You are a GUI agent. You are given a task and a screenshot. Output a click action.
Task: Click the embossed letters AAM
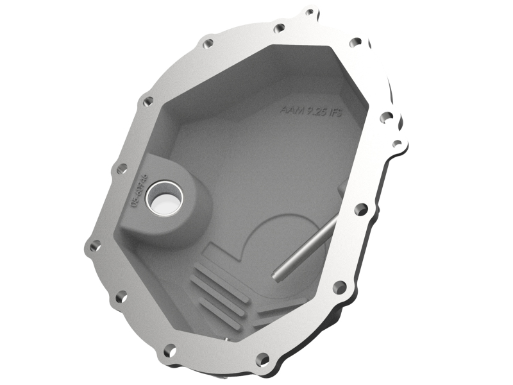click(x=290, y=109)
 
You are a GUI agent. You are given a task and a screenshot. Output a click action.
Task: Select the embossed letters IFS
click(x=335, y=114)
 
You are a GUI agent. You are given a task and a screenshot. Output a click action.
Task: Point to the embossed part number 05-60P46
click(x=135, y=189)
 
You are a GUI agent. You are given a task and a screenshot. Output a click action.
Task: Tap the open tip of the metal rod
click(x=276, y=277)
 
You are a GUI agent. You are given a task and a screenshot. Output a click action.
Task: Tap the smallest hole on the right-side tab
click(x=397, y=143)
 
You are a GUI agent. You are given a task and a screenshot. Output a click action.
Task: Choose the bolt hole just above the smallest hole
click(x=387, y=117)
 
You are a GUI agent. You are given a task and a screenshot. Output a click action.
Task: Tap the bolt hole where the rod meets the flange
click(x=361, y=209)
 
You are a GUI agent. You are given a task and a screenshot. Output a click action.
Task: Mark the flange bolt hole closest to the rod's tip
click(x=339, y=286)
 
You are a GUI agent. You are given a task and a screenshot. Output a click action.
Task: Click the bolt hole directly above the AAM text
click(x=279, y=28)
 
